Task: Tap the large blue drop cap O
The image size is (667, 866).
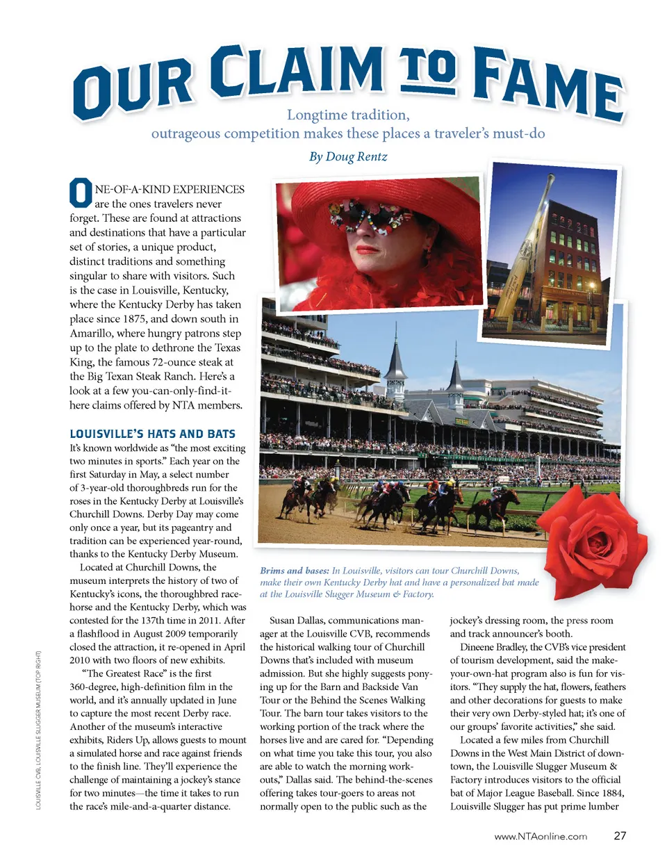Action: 81,193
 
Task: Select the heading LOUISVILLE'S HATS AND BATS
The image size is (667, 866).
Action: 152,434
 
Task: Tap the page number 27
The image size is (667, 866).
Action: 620,835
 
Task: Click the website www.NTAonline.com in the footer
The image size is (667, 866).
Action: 541,836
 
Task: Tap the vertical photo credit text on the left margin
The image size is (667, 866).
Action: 38,730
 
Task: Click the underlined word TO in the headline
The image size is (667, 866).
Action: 427,70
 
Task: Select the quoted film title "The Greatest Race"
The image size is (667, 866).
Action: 124,673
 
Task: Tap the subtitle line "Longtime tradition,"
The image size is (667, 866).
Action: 348,115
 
